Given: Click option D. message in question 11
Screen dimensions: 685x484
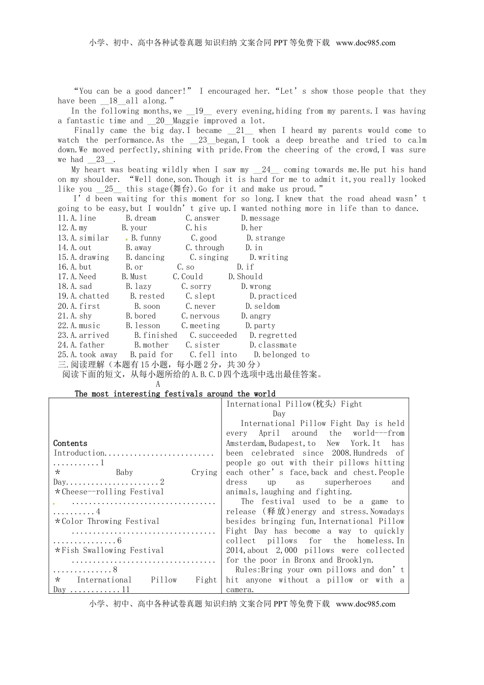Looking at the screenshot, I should click(x=260, y=218).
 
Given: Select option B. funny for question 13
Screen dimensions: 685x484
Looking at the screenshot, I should click(x=146, y=238).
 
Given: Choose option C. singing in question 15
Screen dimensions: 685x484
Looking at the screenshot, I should click(x=209, y=257).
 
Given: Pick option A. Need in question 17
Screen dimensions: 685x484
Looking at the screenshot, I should click(x=83, y=277).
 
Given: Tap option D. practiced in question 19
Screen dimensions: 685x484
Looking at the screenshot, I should click(x=273, y=296).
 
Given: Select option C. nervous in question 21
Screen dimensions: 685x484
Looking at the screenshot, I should click(x=200, y=316).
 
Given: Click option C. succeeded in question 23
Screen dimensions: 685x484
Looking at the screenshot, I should click(x=213, y=335).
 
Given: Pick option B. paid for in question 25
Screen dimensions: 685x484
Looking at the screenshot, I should click(x=151, y=355).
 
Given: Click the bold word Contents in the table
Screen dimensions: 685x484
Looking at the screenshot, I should click(x=70, y=443).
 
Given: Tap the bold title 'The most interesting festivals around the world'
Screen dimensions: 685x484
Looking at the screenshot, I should click(x=175, y=394).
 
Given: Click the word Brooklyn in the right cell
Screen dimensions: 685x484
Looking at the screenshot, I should click(x=355, y=560).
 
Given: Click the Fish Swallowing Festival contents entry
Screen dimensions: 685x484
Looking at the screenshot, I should click(x=109, y=550).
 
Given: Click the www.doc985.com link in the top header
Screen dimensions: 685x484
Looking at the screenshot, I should click(x=365, y=43).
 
